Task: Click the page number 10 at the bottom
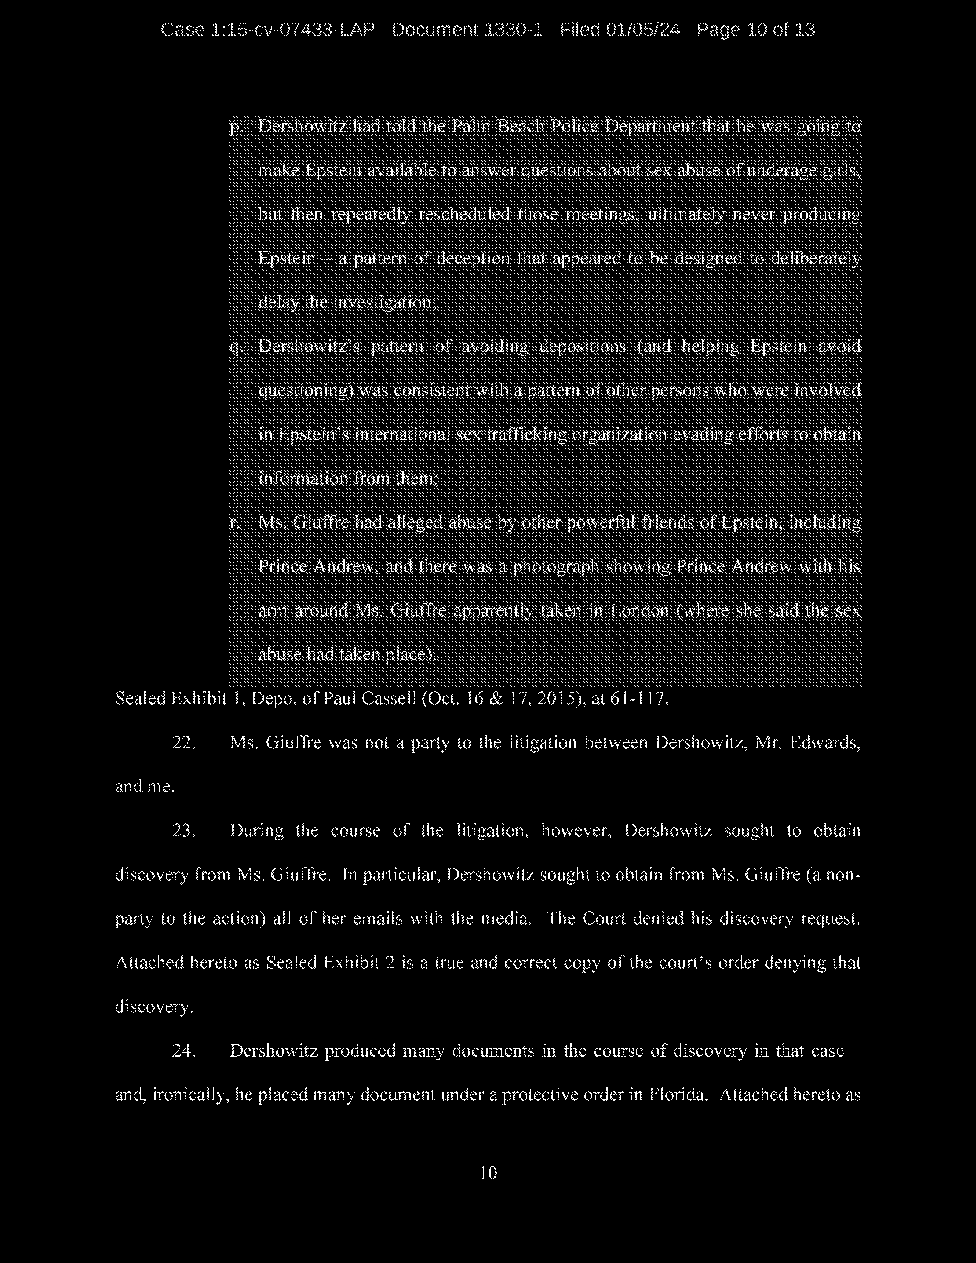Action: pyautogui.click(x=489, y=1173)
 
